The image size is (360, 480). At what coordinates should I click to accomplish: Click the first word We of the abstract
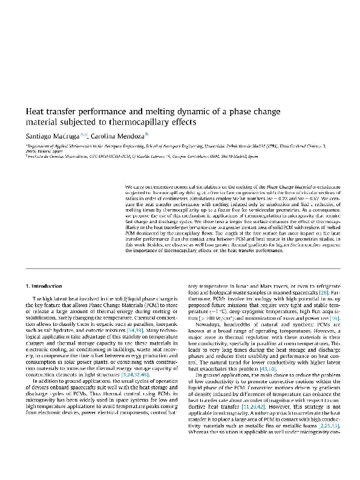(126, 181)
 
